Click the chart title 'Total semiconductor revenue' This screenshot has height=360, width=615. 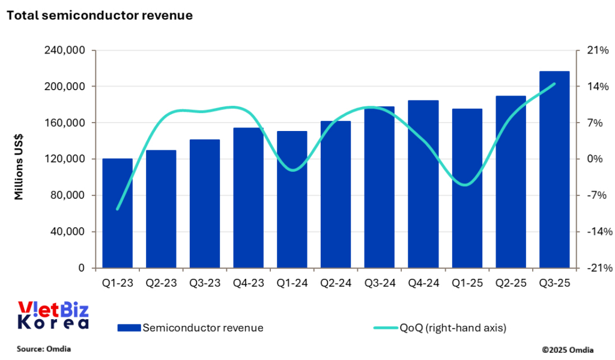(x=100, y=16)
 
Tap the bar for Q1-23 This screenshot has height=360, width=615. (x=117, y=213)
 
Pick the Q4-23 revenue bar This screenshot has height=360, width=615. (x=248, y=198)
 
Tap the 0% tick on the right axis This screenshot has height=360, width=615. (x=594, y=159)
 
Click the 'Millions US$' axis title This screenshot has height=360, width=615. (x=19, y=159)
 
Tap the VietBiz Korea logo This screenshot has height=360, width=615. (x=53, y=316)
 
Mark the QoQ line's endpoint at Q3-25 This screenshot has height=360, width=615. (x=554, y=84)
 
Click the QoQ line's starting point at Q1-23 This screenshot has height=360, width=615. (x=117, y=209)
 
